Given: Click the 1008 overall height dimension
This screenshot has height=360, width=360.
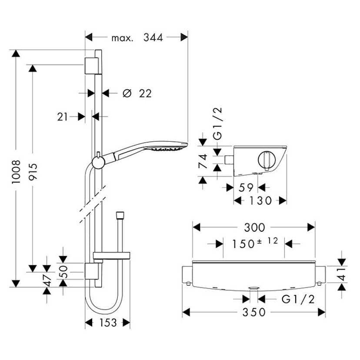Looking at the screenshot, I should [16, 172].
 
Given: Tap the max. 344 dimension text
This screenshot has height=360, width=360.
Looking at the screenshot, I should [137, 38].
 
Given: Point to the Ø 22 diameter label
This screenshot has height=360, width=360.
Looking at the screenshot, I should [137, 93].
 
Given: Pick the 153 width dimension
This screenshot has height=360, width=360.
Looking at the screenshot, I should [107, 323].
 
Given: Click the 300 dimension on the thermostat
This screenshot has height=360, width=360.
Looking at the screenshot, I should [254, 227].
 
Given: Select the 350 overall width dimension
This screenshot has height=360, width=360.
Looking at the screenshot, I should [254, 312].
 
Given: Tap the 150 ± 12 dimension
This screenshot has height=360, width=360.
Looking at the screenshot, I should [254, 243].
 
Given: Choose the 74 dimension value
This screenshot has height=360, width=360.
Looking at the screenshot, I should [203, 161].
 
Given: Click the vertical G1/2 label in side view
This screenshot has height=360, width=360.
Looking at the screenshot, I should [218, 123].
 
